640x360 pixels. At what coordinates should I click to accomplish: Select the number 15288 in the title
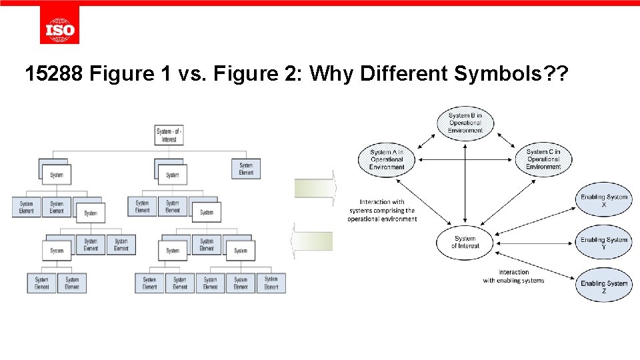tap(52, 74)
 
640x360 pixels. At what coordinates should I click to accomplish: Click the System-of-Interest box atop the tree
tap(169, 135)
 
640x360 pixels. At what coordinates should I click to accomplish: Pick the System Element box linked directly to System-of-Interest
tap(246, 169)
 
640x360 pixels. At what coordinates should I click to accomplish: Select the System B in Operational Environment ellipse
tap(465, 123)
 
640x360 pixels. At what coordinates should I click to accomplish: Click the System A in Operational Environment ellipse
tap(387, 159)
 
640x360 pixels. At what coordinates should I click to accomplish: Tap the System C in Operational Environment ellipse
tap(543, 159)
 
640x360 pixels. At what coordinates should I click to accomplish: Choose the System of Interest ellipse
tap(465, 242)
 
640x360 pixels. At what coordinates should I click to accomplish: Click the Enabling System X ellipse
tap(604, 201)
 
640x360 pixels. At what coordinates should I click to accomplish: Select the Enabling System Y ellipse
tap(604, 243)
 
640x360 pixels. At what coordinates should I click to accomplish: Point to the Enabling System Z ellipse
tap(604, 286)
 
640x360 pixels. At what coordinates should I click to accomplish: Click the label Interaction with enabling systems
tap(513, 276)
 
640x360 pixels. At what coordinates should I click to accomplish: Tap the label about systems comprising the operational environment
tap(382, 211)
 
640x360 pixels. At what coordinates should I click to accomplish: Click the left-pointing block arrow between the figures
tap(313, 241)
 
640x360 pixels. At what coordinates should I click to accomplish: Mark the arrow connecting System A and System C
tap(465, 159)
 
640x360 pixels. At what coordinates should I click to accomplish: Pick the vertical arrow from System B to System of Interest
tap(465, 183)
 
